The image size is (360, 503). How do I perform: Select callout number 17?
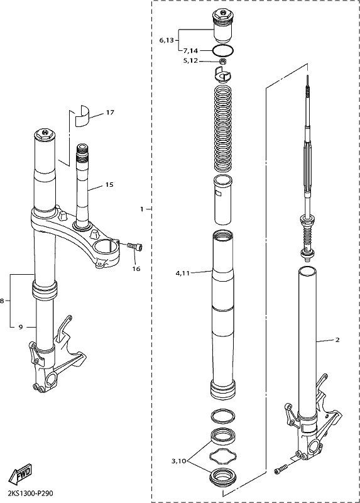coord(110,113)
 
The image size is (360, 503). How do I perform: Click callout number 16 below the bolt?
coord(136,269)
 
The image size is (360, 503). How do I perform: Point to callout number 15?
coord(109,185)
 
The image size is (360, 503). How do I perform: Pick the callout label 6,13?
coord(166,40)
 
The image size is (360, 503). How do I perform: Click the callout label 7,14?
coord(190,51)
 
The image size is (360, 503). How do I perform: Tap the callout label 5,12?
coord(190,60)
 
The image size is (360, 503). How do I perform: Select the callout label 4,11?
coord(182,274)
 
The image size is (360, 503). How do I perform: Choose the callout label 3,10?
coord(178,462)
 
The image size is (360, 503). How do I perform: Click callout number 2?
coord(337,340)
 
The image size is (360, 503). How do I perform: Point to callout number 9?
coord(21,327)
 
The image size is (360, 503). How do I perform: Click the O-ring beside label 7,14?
coord(223,50)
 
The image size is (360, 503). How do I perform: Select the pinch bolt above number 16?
coord(134,246)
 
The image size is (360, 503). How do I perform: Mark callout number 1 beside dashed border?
coord(142,209)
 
